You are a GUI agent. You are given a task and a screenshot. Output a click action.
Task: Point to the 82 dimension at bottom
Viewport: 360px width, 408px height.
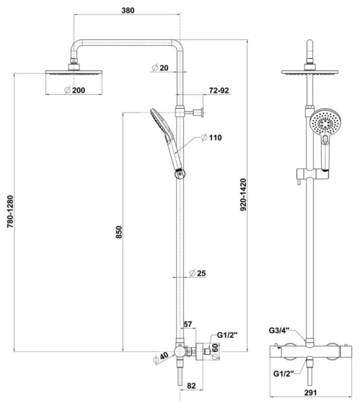(191, 386)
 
